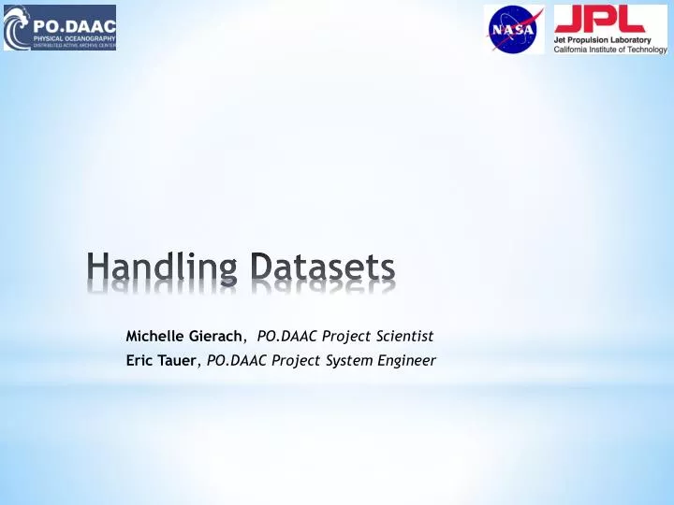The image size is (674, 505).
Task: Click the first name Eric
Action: [140, 359]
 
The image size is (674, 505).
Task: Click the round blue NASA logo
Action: [514, 28]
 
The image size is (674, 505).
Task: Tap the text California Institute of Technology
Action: [609, 50]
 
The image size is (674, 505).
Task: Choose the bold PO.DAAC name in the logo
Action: [74, 21]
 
